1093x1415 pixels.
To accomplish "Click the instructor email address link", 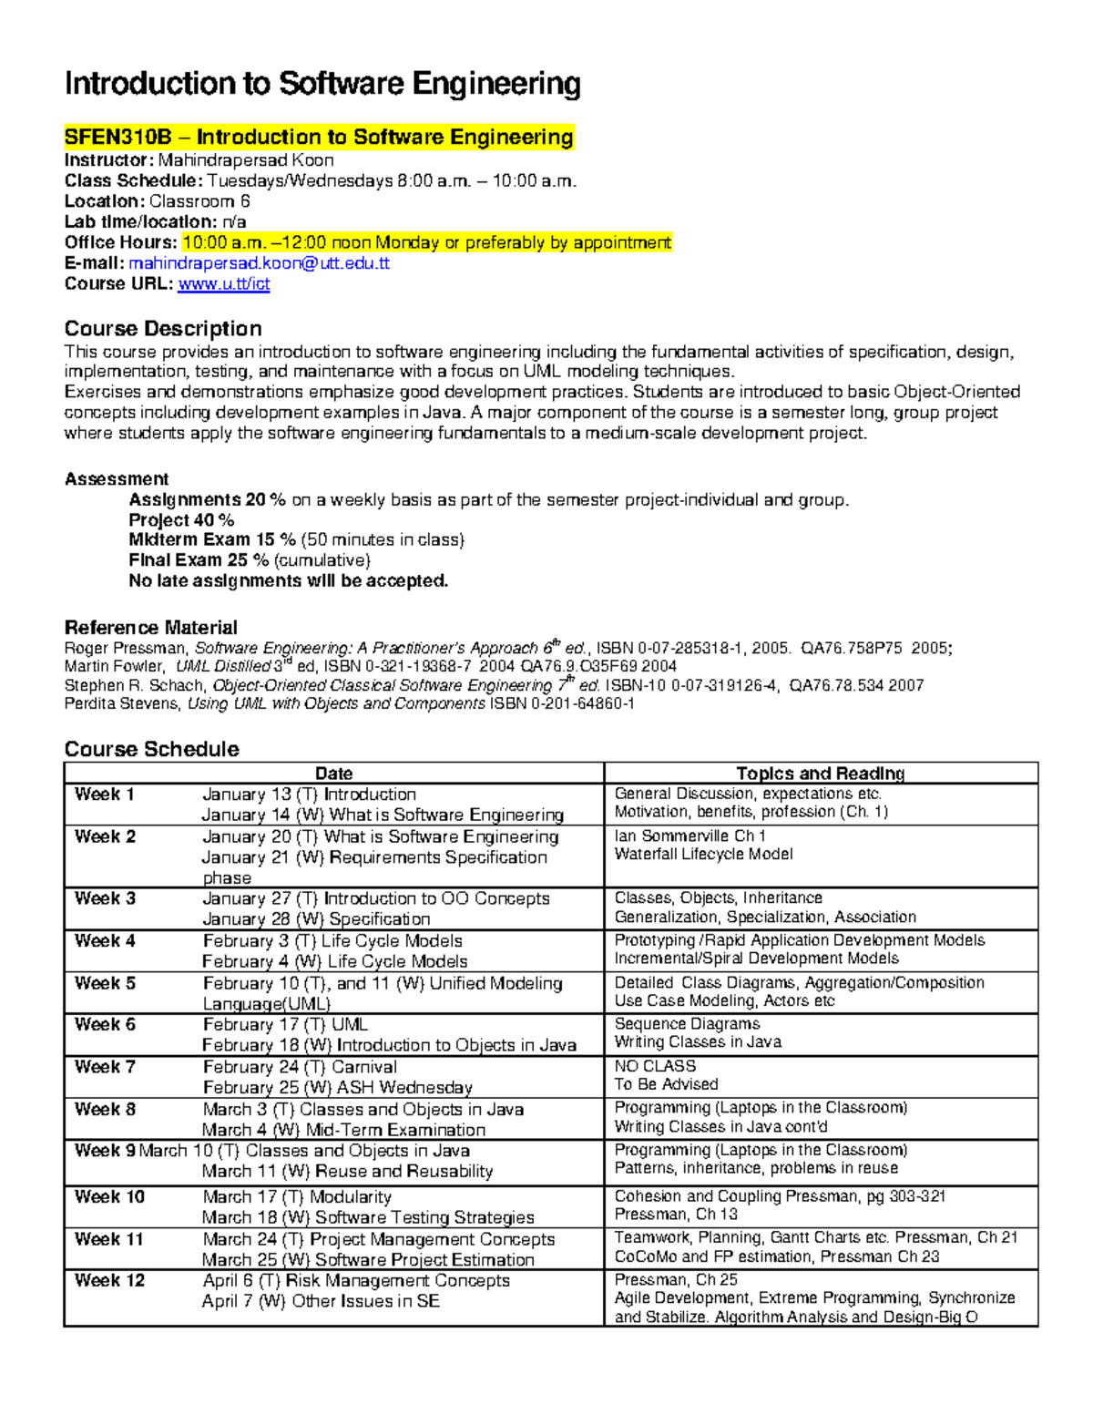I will (x=259, y=263).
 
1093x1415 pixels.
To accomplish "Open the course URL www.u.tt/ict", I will (x=224, y=284).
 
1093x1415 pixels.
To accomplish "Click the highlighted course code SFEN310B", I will (x=117, y=138).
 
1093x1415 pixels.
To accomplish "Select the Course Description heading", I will (x=163, y=329).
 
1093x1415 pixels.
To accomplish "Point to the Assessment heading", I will (x=117, y=479).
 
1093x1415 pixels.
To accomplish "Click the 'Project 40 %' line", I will (x=181, y=520).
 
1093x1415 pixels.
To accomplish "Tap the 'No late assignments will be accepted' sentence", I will (x=289, y=581).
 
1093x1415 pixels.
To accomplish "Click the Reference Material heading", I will (x=150, y=628).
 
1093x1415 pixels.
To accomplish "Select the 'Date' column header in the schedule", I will (x=333, y=773).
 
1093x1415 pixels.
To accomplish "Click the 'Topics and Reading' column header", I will (x=820, y=773).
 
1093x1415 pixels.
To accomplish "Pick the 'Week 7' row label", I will (x=105, y=1067).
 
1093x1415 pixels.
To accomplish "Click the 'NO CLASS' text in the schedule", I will (x=655, y=1066).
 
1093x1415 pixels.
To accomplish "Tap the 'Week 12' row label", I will (x=109, y=1280).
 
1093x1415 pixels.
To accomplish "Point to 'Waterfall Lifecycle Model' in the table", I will (x=703, y=855).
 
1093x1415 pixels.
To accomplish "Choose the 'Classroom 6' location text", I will (x=199, y=201).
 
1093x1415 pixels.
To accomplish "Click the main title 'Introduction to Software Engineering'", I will (x=322, y=84).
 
